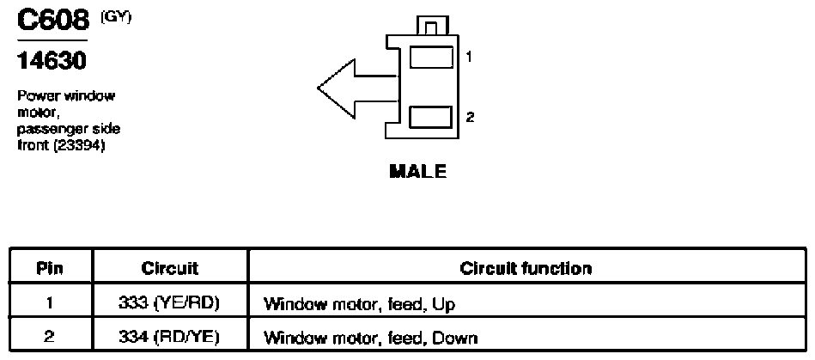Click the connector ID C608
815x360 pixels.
tap(52, 21)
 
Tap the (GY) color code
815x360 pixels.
tap(117, 17)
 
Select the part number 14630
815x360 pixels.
tap(52, 61)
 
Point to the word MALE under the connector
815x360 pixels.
tap(418, 171)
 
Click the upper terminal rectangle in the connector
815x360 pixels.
tap(431, 57)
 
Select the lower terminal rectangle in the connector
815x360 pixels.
tap(431, 117)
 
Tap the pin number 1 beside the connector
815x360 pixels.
tap(470, 57)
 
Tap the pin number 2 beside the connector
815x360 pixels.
tap(470, 117)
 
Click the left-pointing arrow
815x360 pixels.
tap(357, 88)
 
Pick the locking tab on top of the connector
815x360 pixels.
tap(433, 26)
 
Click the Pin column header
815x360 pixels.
tap(50, 268)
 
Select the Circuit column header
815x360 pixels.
tap(169, 268)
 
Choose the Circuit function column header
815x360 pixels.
tap(526, 268)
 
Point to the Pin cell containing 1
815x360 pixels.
tap(51, 303)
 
